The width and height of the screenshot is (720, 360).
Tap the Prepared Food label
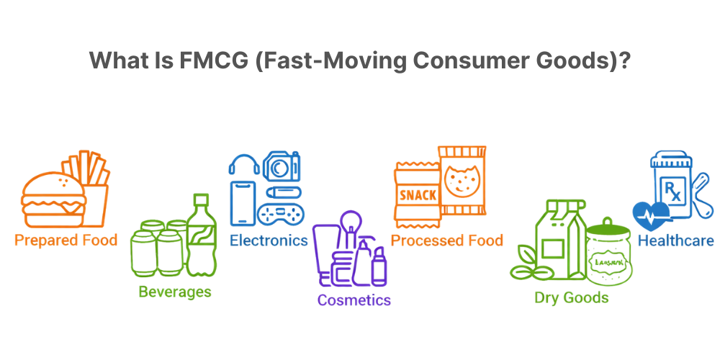[x=66, y=240]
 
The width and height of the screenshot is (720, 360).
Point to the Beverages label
[x=175, y=291]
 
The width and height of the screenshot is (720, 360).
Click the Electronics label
[x=269, y=240]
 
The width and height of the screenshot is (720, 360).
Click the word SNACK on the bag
[x=415, y=194]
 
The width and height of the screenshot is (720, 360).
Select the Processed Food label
[x=447, y=240]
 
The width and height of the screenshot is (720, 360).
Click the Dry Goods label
[x=571, y=297]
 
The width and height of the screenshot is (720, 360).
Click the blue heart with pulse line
[x=651, y=214]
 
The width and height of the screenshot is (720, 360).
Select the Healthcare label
[x=675, y=240]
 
